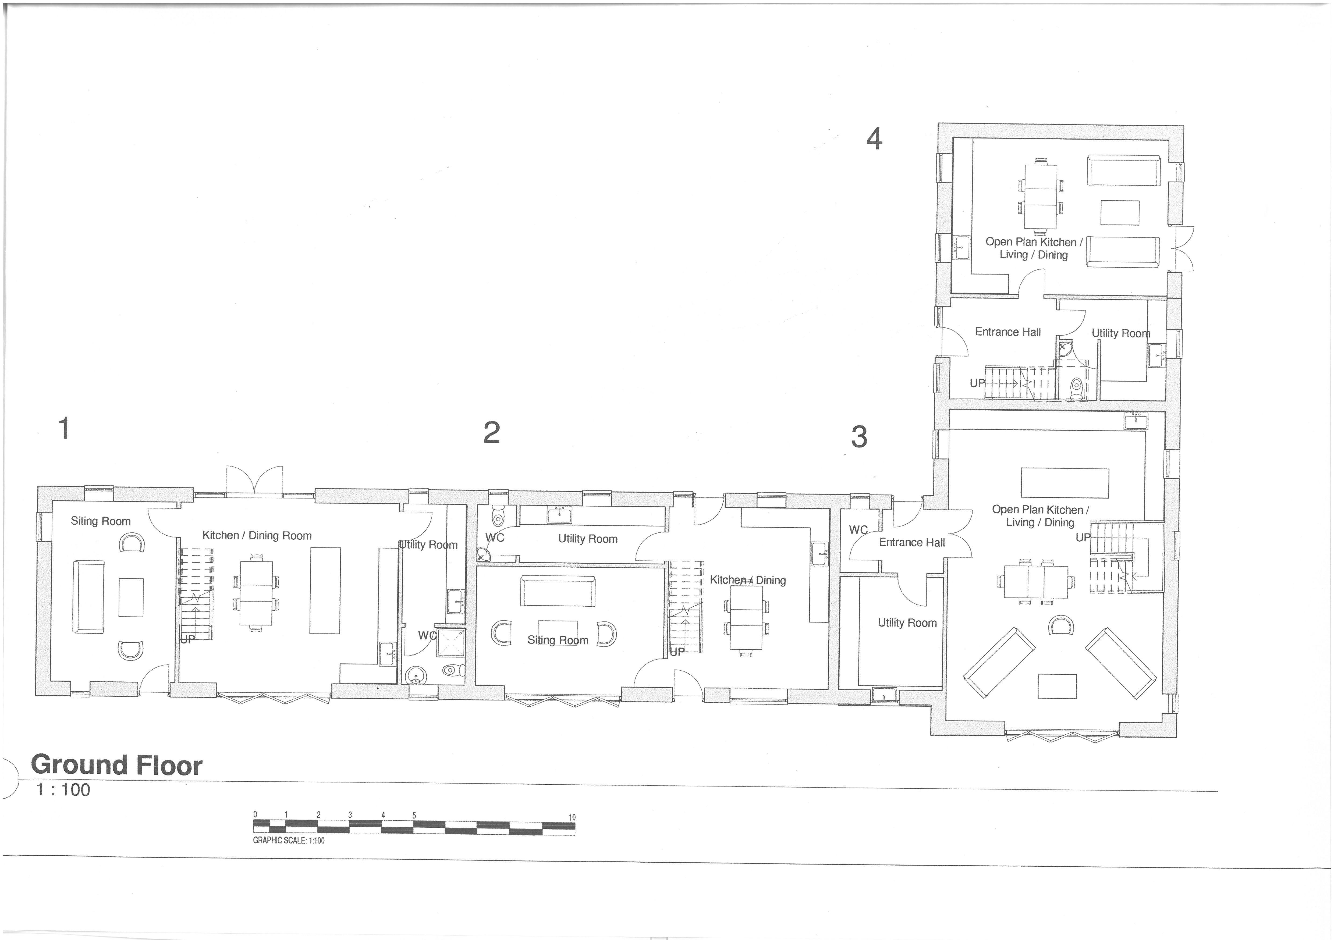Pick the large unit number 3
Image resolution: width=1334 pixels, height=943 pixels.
(x=859, y=437)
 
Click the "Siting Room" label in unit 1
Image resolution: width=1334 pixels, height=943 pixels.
(x=101, y=521)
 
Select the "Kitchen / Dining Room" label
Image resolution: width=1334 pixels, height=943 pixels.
(x=257, y=536)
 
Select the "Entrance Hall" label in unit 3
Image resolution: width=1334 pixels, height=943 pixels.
(x=911, y=543)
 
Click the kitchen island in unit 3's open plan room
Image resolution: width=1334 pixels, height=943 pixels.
(x=1065, y=483)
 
